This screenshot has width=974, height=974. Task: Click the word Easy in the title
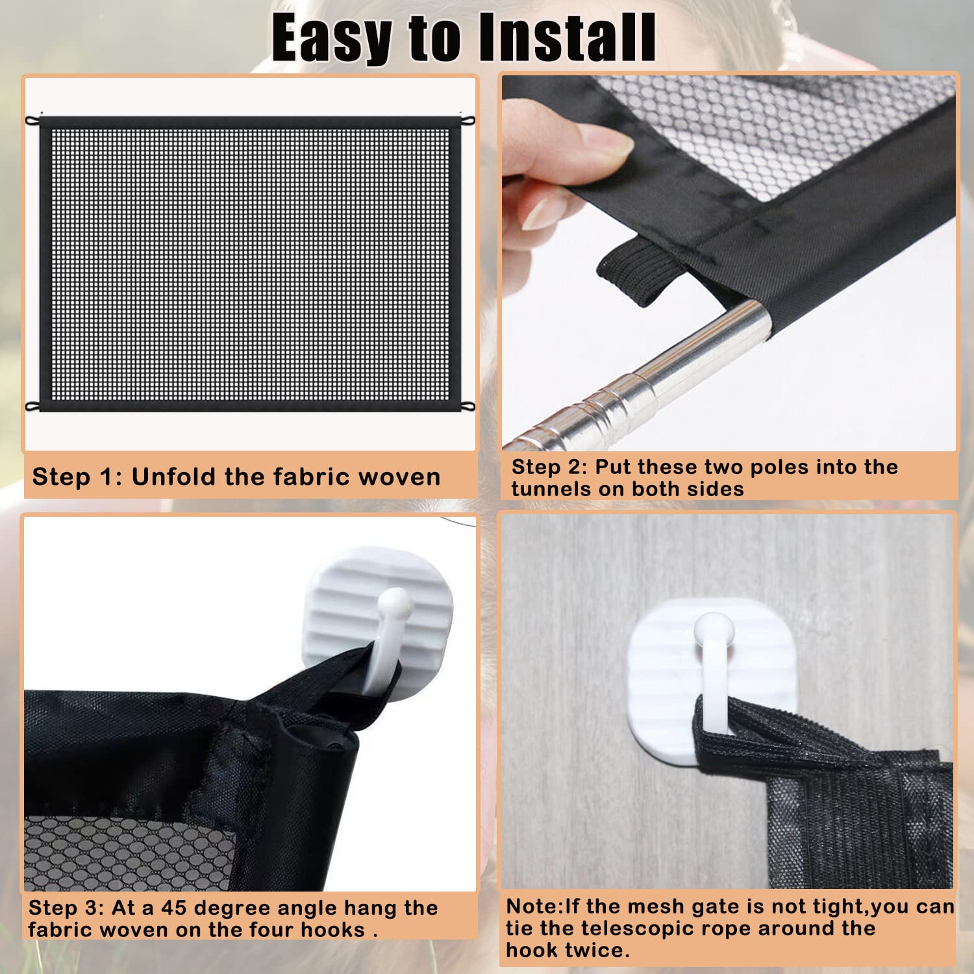(331, 39)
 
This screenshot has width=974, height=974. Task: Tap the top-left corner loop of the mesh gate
(32, 121)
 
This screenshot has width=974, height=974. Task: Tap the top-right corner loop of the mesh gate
(468, 120)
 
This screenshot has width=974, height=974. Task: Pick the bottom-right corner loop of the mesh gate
(468, 407)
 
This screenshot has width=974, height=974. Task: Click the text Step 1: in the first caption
(77, 477)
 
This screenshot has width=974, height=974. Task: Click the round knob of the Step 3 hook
(395, 604)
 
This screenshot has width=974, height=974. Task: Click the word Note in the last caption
(532, 906)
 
